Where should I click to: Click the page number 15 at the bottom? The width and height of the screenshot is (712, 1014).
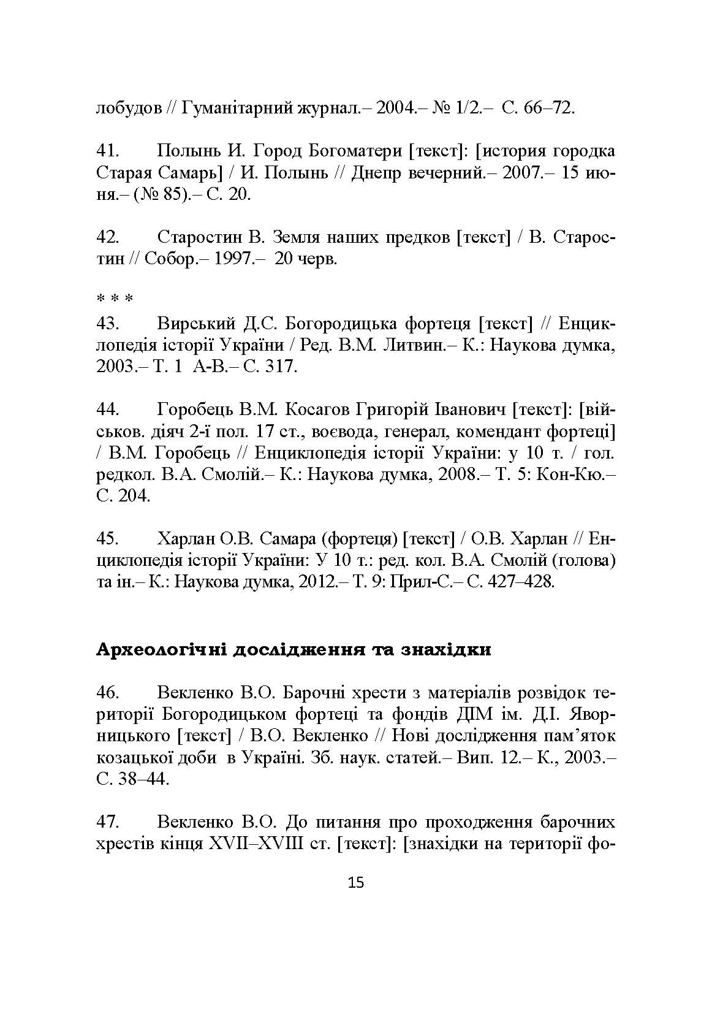(355, 883)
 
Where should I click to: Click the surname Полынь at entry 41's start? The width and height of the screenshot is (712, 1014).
(190, 151)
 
